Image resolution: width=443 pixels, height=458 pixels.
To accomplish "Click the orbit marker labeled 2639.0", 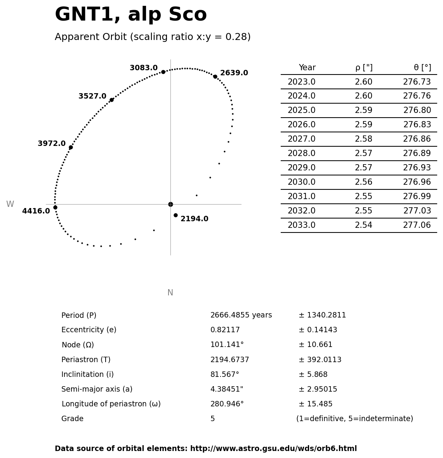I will point(215,76).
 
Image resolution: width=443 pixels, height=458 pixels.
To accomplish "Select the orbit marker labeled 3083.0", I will point(163,72).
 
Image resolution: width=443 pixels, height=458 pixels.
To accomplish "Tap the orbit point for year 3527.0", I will point(111,100).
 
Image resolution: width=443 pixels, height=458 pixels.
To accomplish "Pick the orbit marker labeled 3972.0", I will point(71,147).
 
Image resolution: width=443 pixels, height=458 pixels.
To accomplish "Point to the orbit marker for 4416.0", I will point(55,207).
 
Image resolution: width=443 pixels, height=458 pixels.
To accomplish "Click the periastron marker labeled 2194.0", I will point(175,215).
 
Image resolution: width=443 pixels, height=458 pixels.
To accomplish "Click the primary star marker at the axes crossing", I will point(170,204).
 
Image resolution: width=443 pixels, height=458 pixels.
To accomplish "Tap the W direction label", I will point(10,204).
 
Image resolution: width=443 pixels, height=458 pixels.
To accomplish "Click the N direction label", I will point(170,293).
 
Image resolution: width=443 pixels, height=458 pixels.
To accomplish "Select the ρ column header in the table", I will point(364,68).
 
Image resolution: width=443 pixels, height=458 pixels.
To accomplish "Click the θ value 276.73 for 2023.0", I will point(417,82).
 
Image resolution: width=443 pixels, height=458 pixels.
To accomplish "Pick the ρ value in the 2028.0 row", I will point(363,154).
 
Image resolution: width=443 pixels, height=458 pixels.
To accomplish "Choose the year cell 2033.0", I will point(301,226).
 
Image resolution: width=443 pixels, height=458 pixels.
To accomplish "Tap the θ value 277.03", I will point(417,211).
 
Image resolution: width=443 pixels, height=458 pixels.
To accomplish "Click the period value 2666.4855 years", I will point(241,315).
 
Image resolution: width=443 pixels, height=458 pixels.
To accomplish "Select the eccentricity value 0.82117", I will point(225,330).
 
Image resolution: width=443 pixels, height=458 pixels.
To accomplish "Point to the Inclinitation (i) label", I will point(87,375).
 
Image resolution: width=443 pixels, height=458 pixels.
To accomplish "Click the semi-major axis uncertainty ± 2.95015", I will point(318,389).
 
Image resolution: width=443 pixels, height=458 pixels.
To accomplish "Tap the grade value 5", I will point(212,419).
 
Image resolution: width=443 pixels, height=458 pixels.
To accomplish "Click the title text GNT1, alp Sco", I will point(131,15).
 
